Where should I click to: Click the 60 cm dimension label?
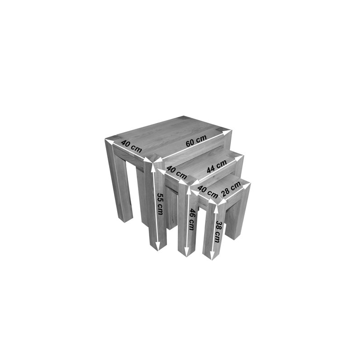click(x=196, y=141)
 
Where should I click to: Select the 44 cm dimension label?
click(x=217, y=166)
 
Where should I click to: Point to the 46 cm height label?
click(x=191, y=219)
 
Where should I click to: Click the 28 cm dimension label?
click(x=231, y=189)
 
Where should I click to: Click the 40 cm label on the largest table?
click(x=131, y=146)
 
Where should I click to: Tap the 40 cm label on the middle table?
click(x=176, y=173)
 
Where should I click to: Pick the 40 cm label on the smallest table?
click(x=208, y=192)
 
